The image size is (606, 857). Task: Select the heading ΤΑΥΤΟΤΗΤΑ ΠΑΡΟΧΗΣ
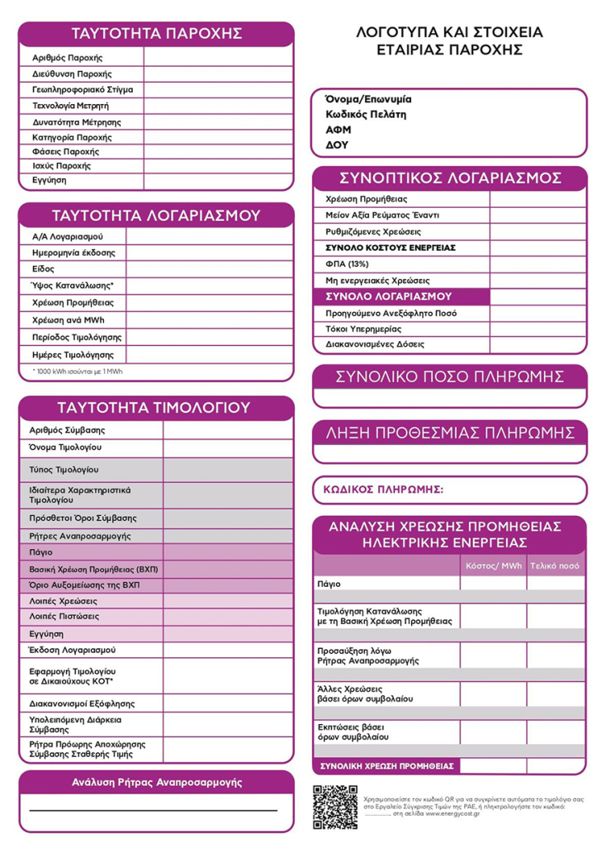pyautogui.click(x=156, y=34)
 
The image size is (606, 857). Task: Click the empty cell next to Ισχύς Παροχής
pyautogui.click(x=218, y=166)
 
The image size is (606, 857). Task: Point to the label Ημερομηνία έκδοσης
pyautogui.click(x=73, y=253)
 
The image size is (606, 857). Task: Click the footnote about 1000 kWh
pyautogui.click(x=78, y=372)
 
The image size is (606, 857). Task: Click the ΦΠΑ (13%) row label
pyautogui.click(x=348, y=264)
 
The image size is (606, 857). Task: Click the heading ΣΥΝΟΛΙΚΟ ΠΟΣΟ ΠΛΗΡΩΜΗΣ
pyautogui.click(x=450, y=377)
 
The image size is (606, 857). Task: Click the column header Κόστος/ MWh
pyautogui.click(x=494, y=566)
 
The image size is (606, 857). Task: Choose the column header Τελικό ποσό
pyautogui.click(x=555, y=566)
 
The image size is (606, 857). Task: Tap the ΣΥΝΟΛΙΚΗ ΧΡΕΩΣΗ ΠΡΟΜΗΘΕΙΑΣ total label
pyautogui.click(x=386, y=766)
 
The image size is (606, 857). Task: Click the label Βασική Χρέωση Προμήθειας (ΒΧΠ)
pyautogui.click(x=93, y=570)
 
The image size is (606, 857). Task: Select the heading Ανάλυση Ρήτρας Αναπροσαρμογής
pyautogui.click(x=156, y=782)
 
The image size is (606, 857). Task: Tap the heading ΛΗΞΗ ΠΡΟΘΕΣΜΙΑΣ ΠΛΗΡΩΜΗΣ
pyautogui.click(x=450, y=433)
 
